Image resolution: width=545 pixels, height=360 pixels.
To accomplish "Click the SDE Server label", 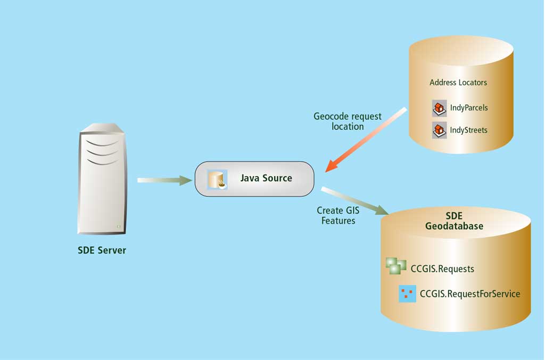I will coord(102,250).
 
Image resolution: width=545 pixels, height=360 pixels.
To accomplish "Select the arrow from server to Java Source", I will coord(164,180).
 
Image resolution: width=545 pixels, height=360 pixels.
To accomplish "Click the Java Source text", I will coord(266,178).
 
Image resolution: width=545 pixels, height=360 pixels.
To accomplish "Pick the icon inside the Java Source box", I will coord(217,180).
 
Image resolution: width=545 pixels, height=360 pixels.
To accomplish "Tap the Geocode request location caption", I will coord(348,121).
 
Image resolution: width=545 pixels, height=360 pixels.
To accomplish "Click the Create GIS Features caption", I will coord(338,215).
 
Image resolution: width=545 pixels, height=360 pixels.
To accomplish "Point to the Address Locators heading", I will coord(458,82).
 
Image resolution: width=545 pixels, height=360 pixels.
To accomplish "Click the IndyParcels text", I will coord(469,107).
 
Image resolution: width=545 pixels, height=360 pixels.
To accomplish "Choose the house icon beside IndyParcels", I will coord(439,108).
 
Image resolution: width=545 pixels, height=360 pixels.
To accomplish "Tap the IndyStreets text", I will coord(468,130).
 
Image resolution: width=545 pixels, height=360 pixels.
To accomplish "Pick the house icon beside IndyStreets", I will coord(439,130).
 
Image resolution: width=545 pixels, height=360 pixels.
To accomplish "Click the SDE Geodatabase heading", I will coord(454,221).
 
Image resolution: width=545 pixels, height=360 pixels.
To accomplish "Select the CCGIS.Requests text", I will coord(442,269).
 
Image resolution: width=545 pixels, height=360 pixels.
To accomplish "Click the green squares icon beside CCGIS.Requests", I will coord(396,265).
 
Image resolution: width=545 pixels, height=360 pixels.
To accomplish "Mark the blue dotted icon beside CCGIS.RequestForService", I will coord(407,294).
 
